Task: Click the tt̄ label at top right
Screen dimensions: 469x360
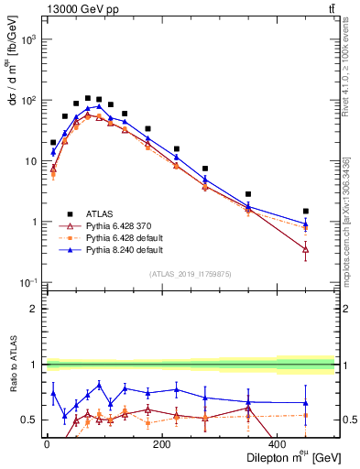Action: pos(329,10)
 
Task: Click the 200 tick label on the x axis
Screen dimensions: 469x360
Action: pos(161,445)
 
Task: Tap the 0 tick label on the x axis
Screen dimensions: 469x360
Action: pos(47,445)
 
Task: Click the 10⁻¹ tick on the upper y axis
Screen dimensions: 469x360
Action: pos(28,282)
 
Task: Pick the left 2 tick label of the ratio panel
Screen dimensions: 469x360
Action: pos(33,309)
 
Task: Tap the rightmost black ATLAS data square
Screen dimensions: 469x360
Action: pos(306,211)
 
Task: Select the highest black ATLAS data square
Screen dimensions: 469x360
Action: pos(88,98)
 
